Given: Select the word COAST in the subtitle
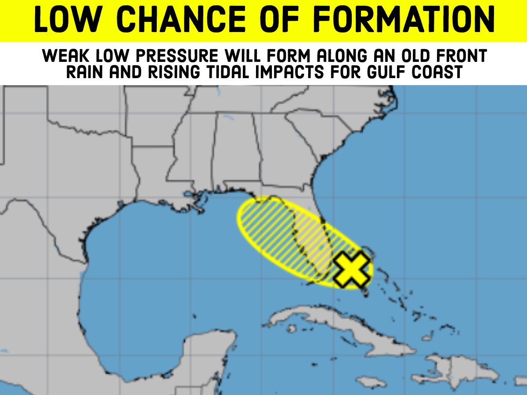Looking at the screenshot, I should [444, 72].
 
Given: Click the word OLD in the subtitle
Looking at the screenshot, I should [402, 57].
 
